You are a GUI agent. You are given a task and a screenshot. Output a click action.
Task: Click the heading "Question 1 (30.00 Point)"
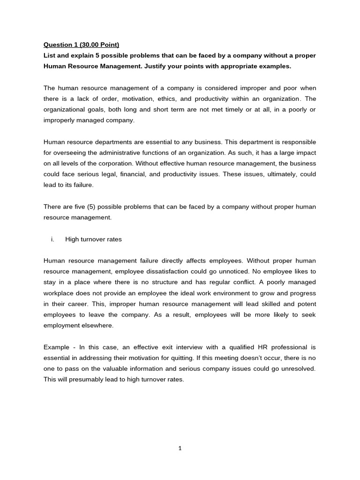[x=81, y=45]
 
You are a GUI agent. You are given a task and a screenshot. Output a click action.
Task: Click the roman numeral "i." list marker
[x=53, y=239]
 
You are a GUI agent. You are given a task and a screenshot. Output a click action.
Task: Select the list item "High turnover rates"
[x=93, y=239]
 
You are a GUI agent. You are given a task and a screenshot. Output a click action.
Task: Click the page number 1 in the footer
[x=180, y=448]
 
